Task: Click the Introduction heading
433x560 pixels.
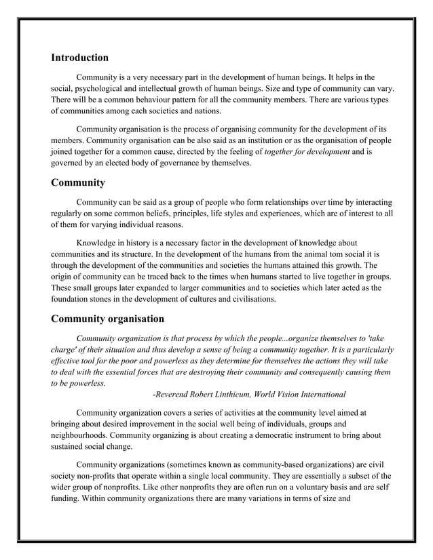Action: [x=79, y=58]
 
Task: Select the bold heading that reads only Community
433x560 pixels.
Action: [x=78, y=182]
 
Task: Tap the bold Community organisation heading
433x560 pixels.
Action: [x=107, y=319]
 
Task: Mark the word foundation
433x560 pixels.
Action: [x=73, y=299]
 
